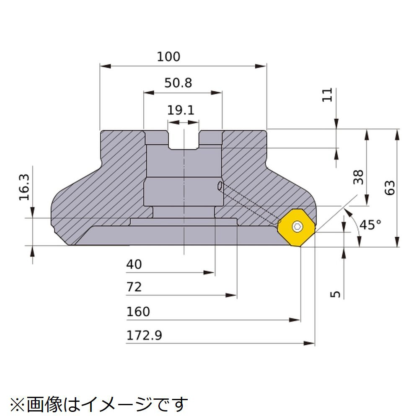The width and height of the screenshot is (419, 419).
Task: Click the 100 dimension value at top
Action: point(168,57)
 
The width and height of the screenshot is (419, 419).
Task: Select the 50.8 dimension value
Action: point(178,83)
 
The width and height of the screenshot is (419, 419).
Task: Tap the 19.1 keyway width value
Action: point(181,110)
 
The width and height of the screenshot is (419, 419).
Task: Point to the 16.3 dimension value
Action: point(24,187)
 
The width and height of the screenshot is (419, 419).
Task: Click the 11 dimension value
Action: point(327,95)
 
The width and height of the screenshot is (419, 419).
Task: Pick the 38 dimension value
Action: point(358,177)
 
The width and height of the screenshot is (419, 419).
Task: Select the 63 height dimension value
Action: point(390,188)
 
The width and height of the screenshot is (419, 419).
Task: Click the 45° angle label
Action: point(370,225)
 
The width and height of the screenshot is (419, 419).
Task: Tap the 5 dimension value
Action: point(336,294)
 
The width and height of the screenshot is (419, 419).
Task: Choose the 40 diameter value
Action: point(134,264)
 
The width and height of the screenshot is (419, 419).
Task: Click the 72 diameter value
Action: point(134,287)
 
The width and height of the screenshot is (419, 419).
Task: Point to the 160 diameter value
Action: point(138,312)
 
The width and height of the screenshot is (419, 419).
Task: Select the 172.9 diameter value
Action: point(144,335)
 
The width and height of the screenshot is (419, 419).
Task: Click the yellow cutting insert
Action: point(297,228)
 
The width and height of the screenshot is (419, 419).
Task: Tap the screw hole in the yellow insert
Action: point(297,227)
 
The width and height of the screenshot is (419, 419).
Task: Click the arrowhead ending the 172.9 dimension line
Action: point(310,343)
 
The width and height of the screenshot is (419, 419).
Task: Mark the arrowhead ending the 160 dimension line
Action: point(295,320)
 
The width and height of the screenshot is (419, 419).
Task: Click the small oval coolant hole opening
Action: point(220,186)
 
